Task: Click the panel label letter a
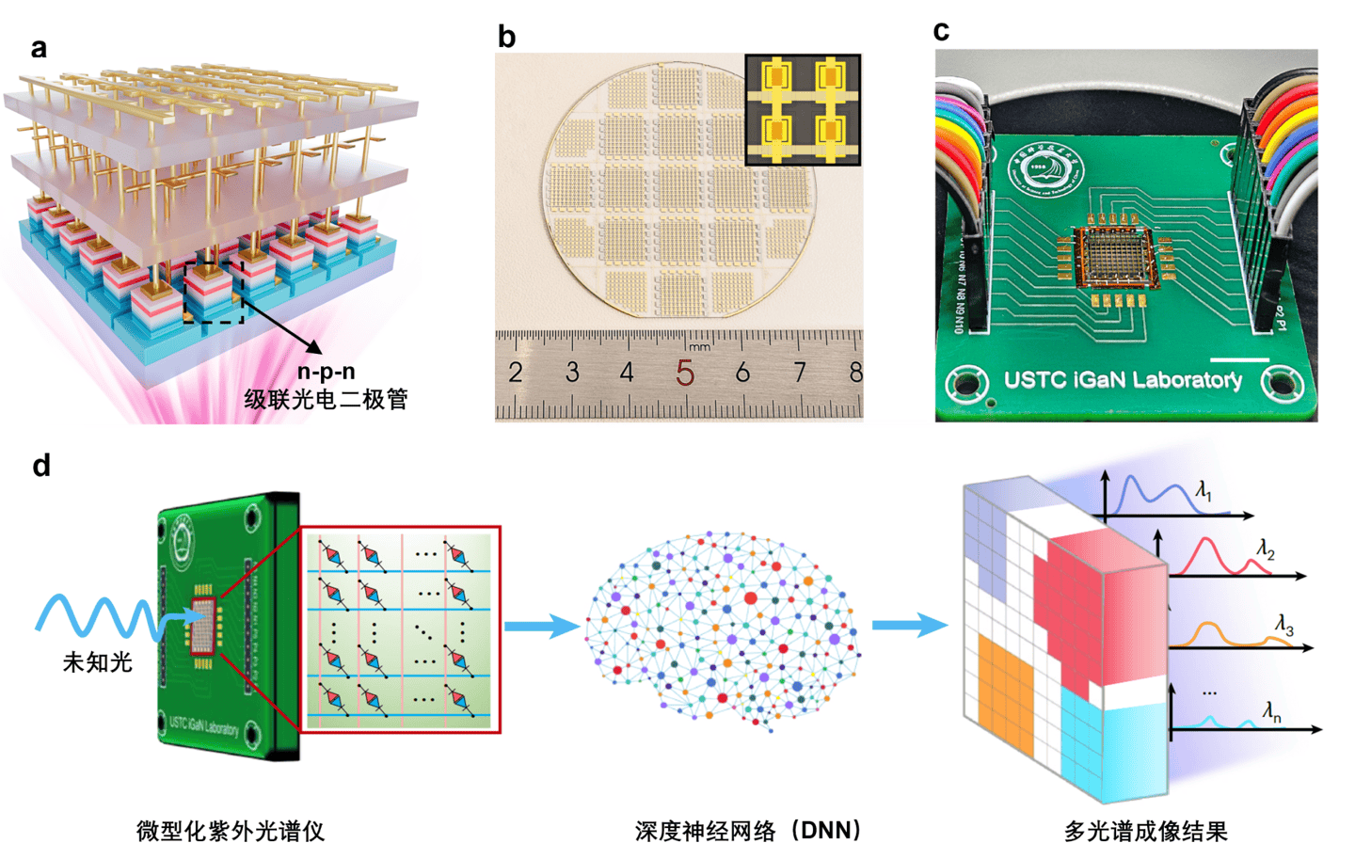click(x=39, y=48)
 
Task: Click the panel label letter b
click(x=507, y=37)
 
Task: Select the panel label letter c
click(x=941, y=31)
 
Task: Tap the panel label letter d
click(x=40, y=466)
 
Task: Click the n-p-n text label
click(x=327, y=372)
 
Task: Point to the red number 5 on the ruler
click(x=685, y=374)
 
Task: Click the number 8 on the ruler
click(x=854, y=373)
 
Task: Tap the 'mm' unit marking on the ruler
click(x=699, y=347)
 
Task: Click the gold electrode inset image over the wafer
click(x=803, y=110)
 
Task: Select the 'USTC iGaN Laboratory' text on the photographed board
click(x=1123, y=380)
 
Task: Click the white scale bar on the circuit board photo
click(x=1239, y=359)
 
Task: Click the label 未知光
click(x=97, y=662)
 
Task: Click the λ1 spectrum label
click(x=1204, y=490)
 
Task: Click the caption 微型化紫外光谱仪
click(x=231, y=831)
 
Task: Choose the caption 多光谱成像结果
click(x=1145, y=831)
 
